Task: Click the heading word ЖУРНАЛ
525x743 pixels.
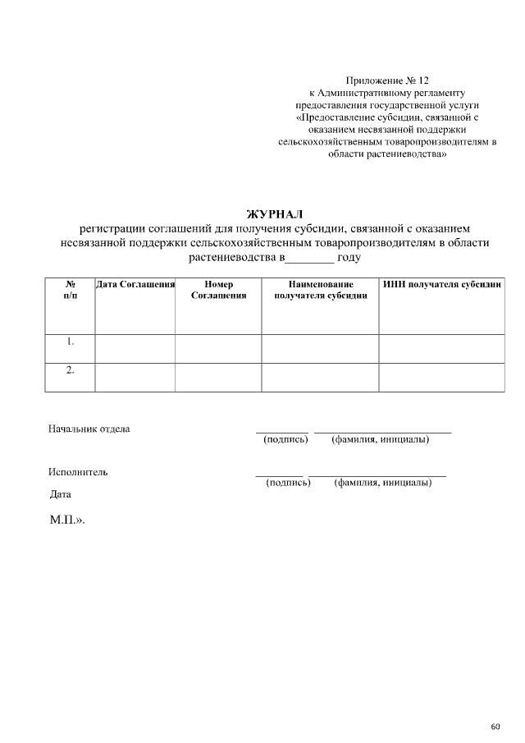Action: click(275, 214)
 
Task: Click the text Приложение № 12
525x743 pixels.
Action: click(387, 81)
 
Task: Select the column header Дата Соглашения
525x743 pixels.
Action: click(135, 284)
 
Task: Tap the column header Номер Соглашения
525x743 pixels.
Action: click(218, 290)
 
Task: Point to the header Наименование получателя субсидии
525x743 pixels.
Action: click(320, 290)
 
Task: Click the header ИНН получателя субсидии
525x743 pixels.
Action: click(441, 284)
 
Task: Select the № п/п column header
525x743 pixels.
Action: click(71, 290)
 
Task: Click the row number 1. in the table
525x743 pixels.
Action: click(71, 341)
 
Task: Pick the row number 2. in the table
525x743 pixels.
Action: click(71, 370)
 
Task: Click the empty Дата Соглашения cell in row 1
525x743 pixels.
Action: click(135, 348)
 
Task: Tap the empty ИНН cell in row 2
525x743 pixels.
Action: click(441, 377)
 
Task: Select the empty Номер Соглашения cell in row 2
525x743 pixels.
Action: click(218, 377)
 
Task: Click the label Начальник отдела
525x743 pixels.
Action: click(89, 429)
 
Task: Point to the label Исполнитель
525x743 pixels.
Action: click(77, 472)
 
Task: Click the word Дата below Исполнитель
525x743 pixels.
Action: click(61, 494)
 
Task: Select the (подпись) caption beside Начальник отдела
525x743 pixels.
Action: click(285, 440)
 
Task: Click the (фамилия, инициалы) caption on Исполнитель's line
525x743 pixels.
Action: click(383, 483)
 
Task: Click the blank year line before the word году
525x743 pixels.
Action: click(309, 258)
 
